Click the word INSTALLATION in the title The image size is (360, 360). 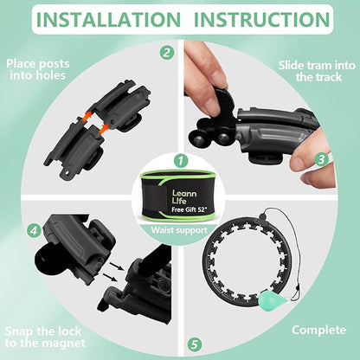pyautogui.click(x=108, y=20)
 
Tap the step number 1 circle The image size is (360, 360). pyautogui.click(x=181, y=161)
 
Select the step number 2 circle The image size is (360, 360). pyautogui.click(x=167, y=53)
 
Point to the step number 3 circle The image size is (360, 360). pyautogui.click(x=321, y=159)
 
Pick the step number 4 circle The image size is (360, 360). pyautogui.click(x=34, y=231)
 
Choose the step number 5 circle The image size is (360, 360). pyautogui.click(x=195, y=344)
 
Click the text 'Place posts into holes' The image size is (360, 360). pyautogui.click(x=38, y=69)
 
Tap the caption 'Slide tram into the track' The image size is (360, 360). pyautogui.click(x=317, y=71)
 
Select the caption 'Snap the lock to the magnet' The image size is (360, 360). pyautogui.click(x=45, y=337)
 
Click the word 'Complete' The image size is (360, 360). pyautogui.click(x=318, y=330)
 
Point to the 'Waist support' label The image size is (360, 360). pyautogui.click(x=179, y=230)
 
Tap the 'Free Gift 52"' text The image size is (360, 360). pyautogui.click(x=190, y=209)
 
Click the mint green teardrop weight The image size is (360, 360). pyautogui.click(x=272, y=299)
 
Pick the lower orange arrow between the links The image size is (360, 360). pyautogui.click(x=104, y=129)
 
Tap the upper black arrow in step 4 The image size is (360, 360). pyautogui.click(x=117, y=266)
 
